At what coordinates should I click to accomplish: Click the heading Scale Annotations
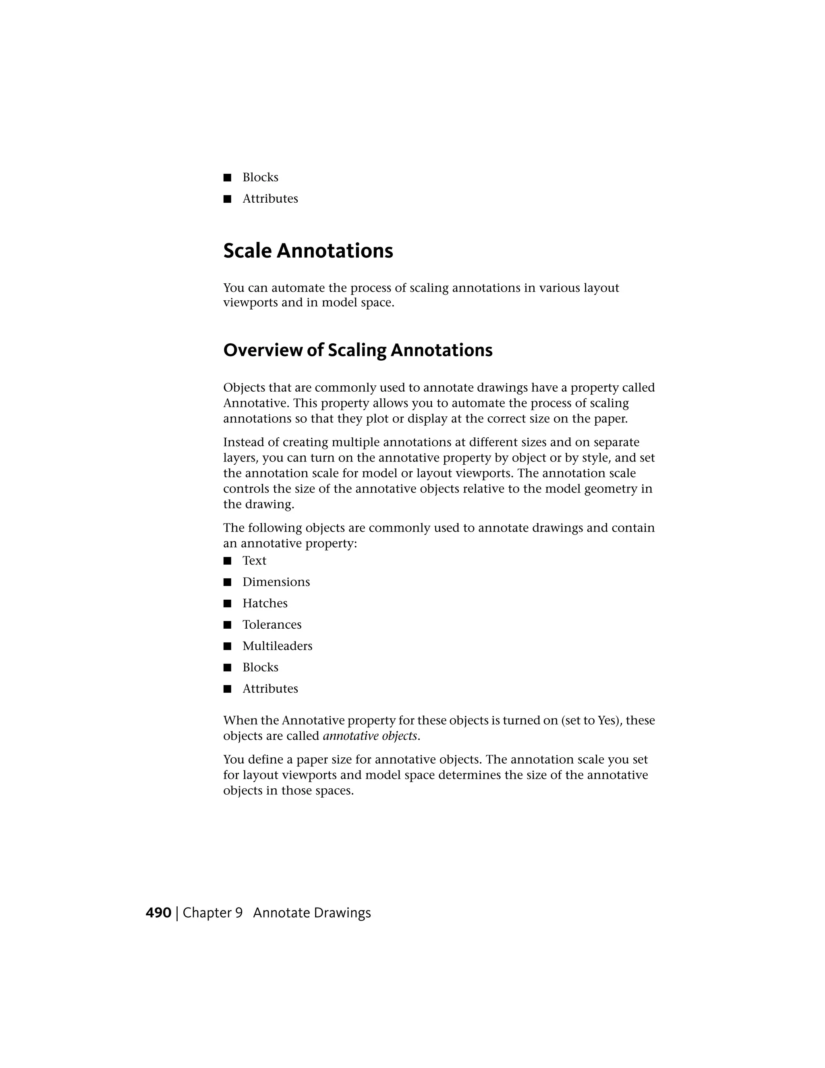(x=308, y=251)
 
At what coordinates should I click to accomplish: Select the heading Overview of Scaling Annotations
(x=358, y=350)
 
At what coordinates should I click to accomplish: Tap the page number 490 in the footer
(x=158, y=913)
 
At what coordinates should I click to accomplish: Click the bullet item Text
(x=254, y=561)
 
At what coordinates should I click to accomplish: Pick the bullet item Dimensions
(x=276, y=582)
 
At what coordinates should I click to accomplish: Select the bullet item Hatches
(x=265, y=603)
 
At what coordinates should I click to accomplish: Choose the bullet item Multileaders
(x=277, y=646)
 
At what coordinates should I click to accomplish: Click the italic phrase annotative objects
(x=370, y=736)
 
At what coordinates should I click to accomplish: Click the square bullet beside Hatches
(x=227, y=603)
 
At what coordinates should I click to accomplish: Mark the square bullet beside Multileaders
(x=227, y=646)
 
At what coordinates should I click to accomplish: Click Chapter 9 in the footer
(x=213, y=913)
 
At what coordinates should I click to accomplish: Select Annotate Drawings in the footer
(x=312, y=913)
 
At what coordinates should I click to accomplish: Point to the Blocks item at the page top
(x=260, y=177)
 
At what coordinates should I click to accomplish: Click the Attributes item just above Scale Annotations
(x=270, y=199)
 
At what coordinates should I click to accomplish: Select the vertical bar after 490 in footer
(x=177, y=913)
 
